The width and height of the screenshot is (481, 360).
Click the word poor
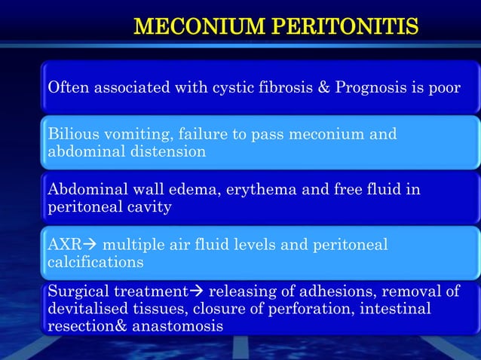tap(442, 88)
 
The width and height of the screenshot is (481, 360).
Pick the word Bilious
tap(69, 135)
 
